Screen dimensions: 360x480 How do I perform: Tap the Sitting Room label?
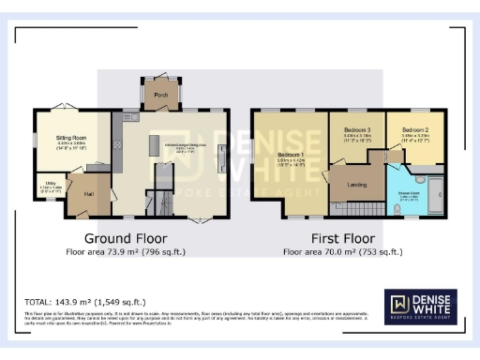point(59,138)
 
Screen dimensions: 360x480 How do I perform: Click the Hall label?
point(89,194)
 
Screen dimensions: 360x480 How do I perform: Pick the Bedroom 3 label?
point(358,128)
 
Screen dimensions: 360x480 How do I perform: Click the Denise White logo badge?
point(420,307)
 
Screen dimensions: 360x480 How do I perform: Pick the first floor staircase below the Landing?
point(360,207)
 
